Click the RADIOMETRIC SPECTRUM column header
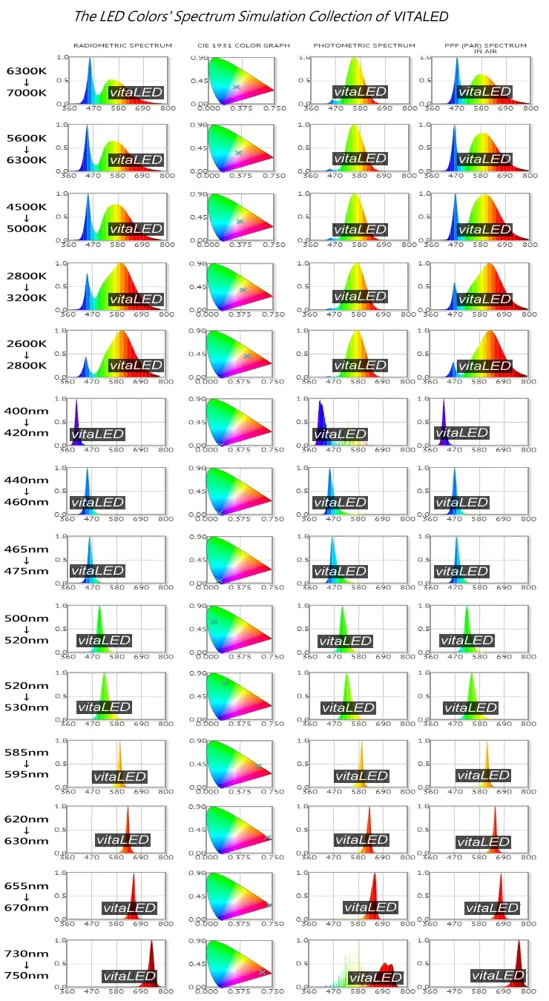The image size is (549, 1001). click(x=122, y=46)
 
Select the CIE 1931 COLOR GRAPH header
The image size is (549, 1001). click(x=243, y=46)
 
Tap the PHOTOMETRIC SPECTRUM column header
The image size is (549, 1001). click(x=364, y=46)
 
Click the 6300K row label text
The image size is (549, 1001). click(x=27, y=71)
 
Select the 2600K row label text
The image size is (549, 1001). click(x=27, y=343)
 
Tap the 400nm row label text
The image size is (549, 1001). click(x=27, y=411)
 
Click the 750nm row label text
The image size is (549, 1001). click(x=27, y=974)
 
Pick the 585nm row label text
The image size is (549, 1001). click(x=27, y=752)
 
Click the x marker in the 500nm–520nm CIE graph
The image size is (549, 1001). click(x=214, y=621)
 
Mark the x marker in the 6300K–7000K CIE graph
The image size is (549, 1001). click(x=237, y=87)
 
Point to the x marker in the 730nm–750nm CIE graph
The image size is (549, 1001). click(x=262, y=972)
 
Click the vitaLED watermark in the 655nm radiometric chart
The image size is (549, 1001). click(x=129, y=908)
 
